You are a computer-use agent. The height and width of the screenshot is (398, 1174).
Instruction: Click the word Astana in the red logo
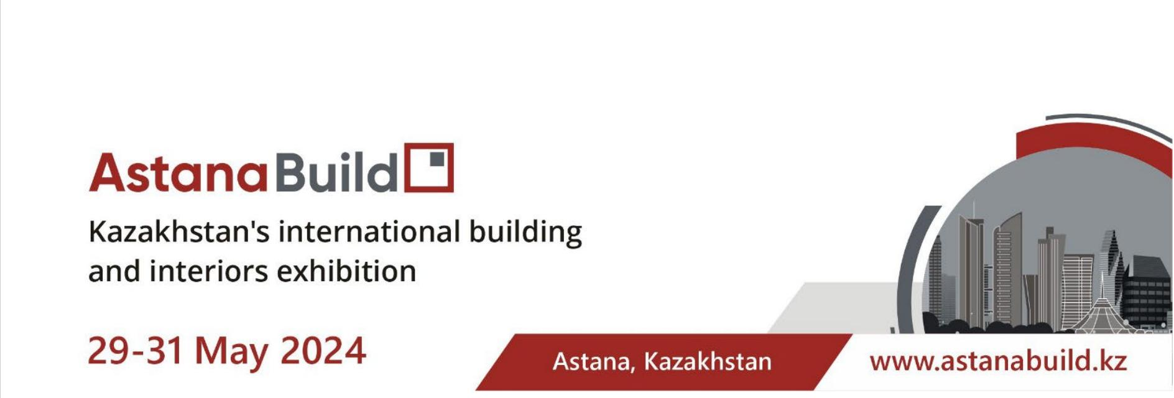tap(178, 172)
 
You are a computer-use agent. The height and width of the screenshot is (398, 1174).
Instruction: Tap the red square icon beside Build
tap(429, 167)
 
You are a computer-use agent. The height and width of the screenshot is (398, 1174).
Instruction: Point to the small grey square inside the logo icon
tap(438, 159)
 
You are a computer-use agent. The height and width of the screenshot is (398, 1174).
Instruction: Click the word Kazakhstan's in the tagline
tap(179, 232)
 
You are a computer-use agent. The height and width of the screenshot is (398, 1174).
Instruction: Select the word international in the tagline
tap(369, 231)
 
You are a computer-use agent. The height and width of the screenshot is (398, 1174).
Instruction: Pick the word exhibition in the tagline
tap(346, 271)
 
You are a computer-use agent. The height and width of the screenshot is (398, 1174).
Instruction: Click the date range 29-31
tap(136, 351)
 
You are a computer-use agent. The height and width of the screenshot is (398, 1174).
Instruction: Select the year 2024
tap(323, 351)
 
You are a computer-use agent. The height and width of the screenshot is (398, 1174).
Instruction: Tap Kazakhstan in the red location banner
tap(708, 361)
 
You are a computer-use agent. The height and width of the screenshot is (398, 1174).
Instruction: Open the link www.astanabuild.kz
tap(998, 361)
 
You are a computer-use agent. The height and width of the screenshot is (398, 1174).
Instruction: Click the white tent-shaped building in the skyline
tap(1102, 311)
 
